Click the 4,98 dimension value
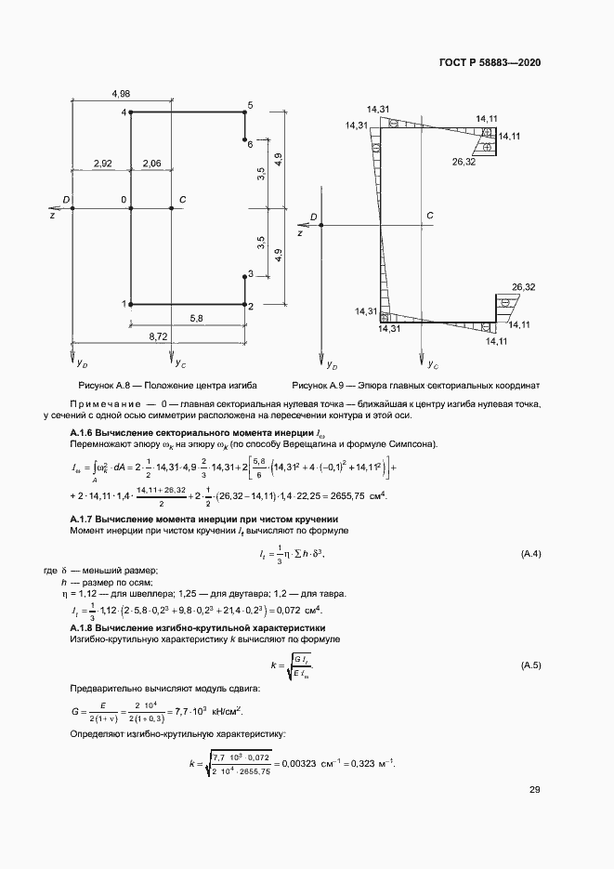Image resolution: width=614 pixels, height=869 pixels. tap(120, 94)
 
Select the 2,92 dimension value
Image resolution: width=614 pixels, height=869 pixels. tap(102, 164)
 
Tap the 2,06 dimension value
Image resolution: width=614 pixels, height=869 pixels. tap(151, 164)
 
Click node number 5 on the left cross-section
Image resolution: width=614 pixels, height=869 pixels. tap(249, 105)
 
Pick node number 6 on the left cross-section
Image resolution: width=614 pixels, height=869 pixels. tap(249, 144)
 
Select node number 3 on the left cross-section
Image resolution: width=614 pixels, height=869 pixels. tap(249, 274)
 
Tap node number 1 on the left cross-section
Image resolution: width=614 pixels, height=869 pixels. tap(124, 304)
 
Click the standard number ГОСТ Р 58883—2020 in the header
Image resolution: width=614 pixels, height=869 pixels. tap(490, 62)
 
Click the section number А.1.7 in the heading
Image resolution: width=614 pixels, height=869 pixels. tap(85, 518)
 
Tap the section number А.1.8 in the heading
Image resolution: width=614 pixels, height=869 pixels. tap(85, 629)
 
